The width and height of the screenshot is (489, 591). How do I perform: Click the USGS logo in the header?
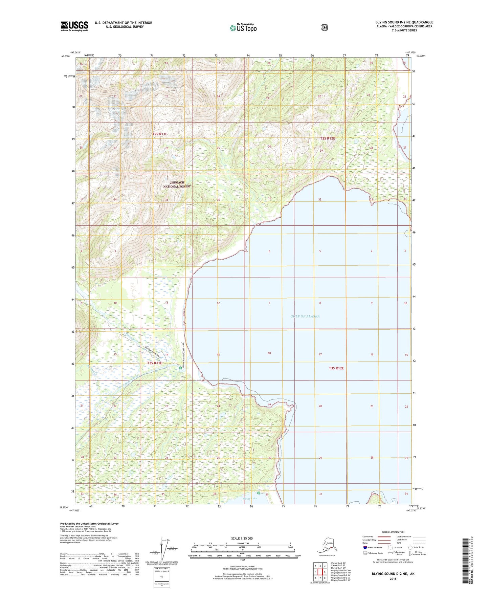[74, 26]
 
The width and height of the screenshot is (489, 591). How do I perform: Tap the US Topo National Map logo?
[243, 28]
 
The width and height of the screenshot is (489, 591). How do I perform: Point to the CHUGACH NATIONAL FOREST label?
[177, 184]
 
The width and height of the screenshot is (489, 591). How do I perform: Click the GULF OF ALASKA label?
[305, 316]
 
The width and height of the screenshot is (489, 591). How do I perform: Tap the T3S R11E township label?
[155, 363]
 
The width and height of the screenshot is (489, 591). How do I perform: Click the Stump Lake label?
[250, 499]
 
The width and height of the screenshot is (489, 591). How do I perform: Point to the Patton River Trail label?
[154, 352]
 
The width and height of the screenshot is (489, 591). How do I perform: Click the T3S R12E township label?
[336, 368]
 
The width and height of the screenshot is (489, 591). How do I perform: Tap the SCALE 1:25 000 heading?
[242, 538]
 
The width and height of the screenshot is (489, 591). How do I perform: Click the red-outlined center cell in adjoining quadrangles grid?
[320, 572]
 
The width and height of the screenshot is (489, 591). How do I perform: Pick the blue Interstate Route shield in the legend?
[365, 547]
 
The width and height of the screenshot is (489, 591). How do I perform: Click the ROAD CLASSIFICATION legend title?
[393, 532]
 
